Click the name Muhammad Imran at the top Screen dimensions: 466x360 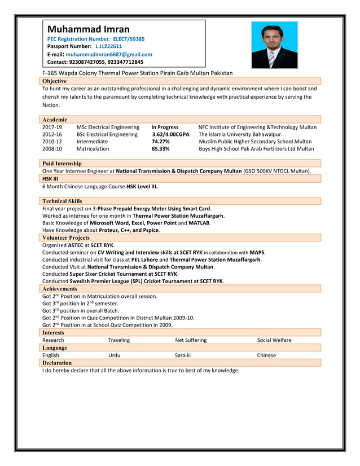tap(88, 29)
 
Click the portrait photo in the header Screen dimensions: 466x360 tap(274, 45)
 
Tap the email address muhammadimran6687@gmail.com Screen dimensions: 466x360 tap(109, 54)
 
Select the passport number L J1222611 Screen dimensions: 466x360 tap(108, 46)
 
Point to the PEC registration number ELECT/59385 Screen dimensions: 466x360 tap(129, 39)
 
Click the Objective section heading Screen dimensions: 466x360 tap(54, 81)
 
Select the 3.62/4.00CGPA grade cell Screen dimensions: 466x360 tap(170, 135)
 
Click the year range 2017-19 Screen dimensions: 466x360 tap(52, 128)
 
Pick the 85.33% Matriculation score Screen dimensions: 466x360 tap(160, 149)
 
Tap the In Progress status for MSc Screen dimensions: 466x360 tap(165, 128)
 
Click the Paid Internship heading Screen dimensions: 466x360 tap(62, 164)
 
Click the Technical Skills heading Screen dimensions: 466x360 tap(62, 201)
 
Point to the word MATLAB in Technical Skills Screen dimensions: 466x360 tap(199, 223)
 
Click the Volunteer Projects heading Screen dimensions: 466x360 tap(65, 238)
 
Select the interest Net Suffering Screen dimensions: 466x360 tap(191, 340)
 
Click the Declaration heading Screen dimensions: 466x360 tap(57, 363)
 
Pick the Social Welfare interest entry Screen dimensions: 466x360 tap(274, 340)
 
